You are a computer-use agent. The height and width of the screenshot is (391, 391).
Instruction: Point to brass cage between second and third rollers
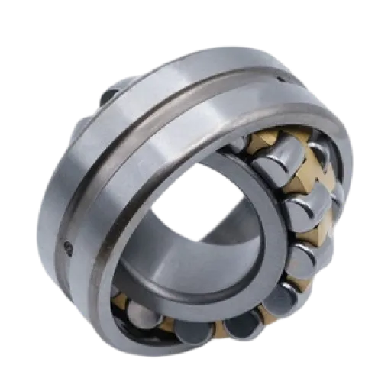click(317, 229)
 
